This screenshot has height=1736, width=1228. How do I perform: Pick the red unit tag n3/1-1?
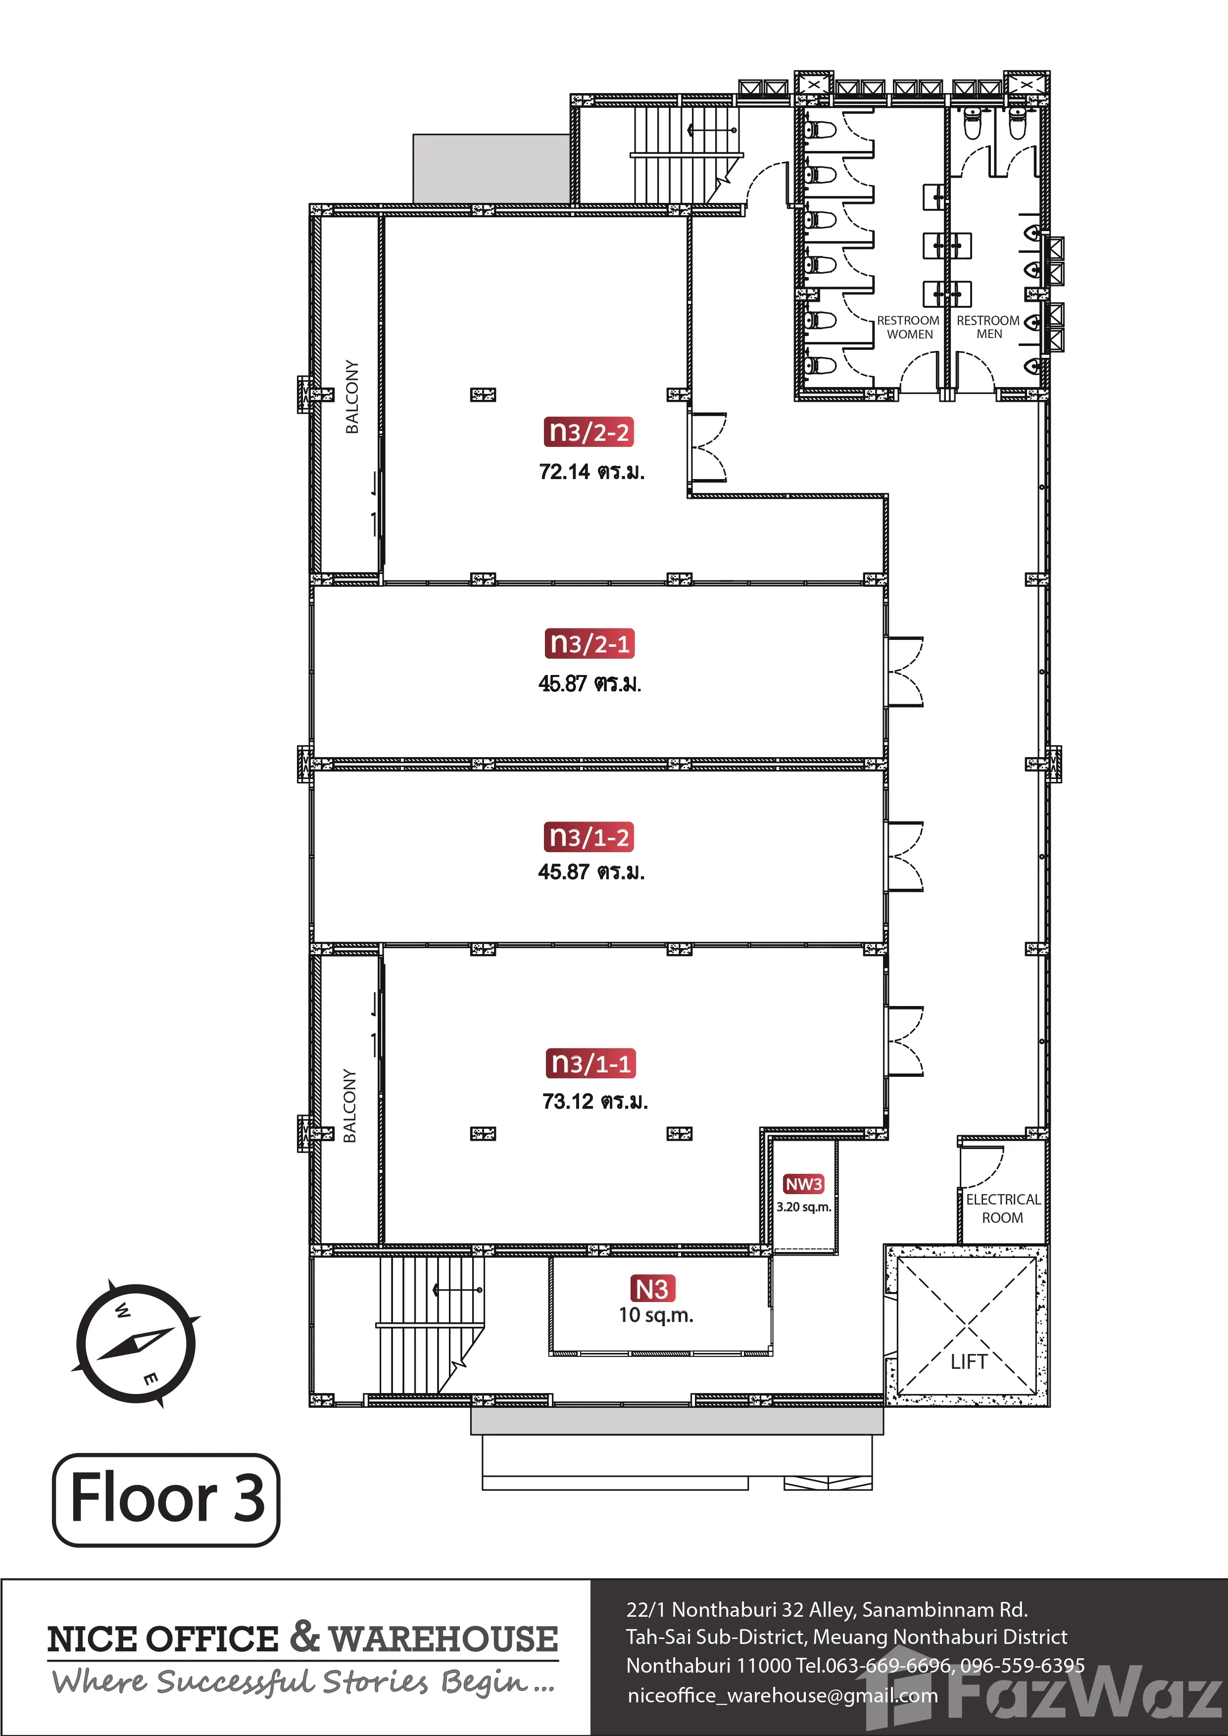pyautogui.click(x=590, y=1063)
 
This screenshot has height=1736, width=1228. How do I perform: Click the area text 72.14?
pyautogui.click(x=564, y=472)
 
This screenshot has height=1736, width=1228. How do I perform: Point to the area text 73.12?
pyautogui.click(x=567, y=1101)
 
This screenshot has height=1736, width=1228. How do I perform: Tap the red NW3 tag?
pyautogui.click(x=803, y=1185)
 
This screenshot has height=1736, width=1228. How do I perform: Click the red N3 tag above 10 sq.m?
pyautogui.click(x=652, y=1289)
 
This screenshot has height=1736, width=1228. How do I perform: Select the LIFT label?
pyautogui.click(x=969, y=1362)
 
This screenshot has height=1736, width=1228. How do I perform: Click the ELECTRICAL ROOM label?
pyautogui.click(x=1003, y=1208)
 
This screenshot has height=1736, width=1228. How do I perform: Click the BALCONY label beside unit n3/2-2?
pyautogui.click(x=351, y=397)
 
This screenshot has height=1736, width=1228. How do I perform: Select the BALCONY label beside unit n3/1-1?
pyautogui.click(x=349, y=1106)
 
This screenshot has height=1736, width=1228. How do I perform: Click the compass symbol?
pyautogui.click(x=136, y=1344)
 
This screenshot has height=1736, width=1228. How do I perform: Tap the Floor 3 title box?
pyautogui.click(x=166, y=1499)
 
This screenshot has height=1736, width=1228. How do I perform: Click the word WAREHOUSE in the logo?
pyautogui.click(x=444, y=1639)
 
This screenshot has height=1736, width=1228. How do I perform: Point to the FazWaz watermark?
pyautogui.click(x=1040, y=1692)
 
